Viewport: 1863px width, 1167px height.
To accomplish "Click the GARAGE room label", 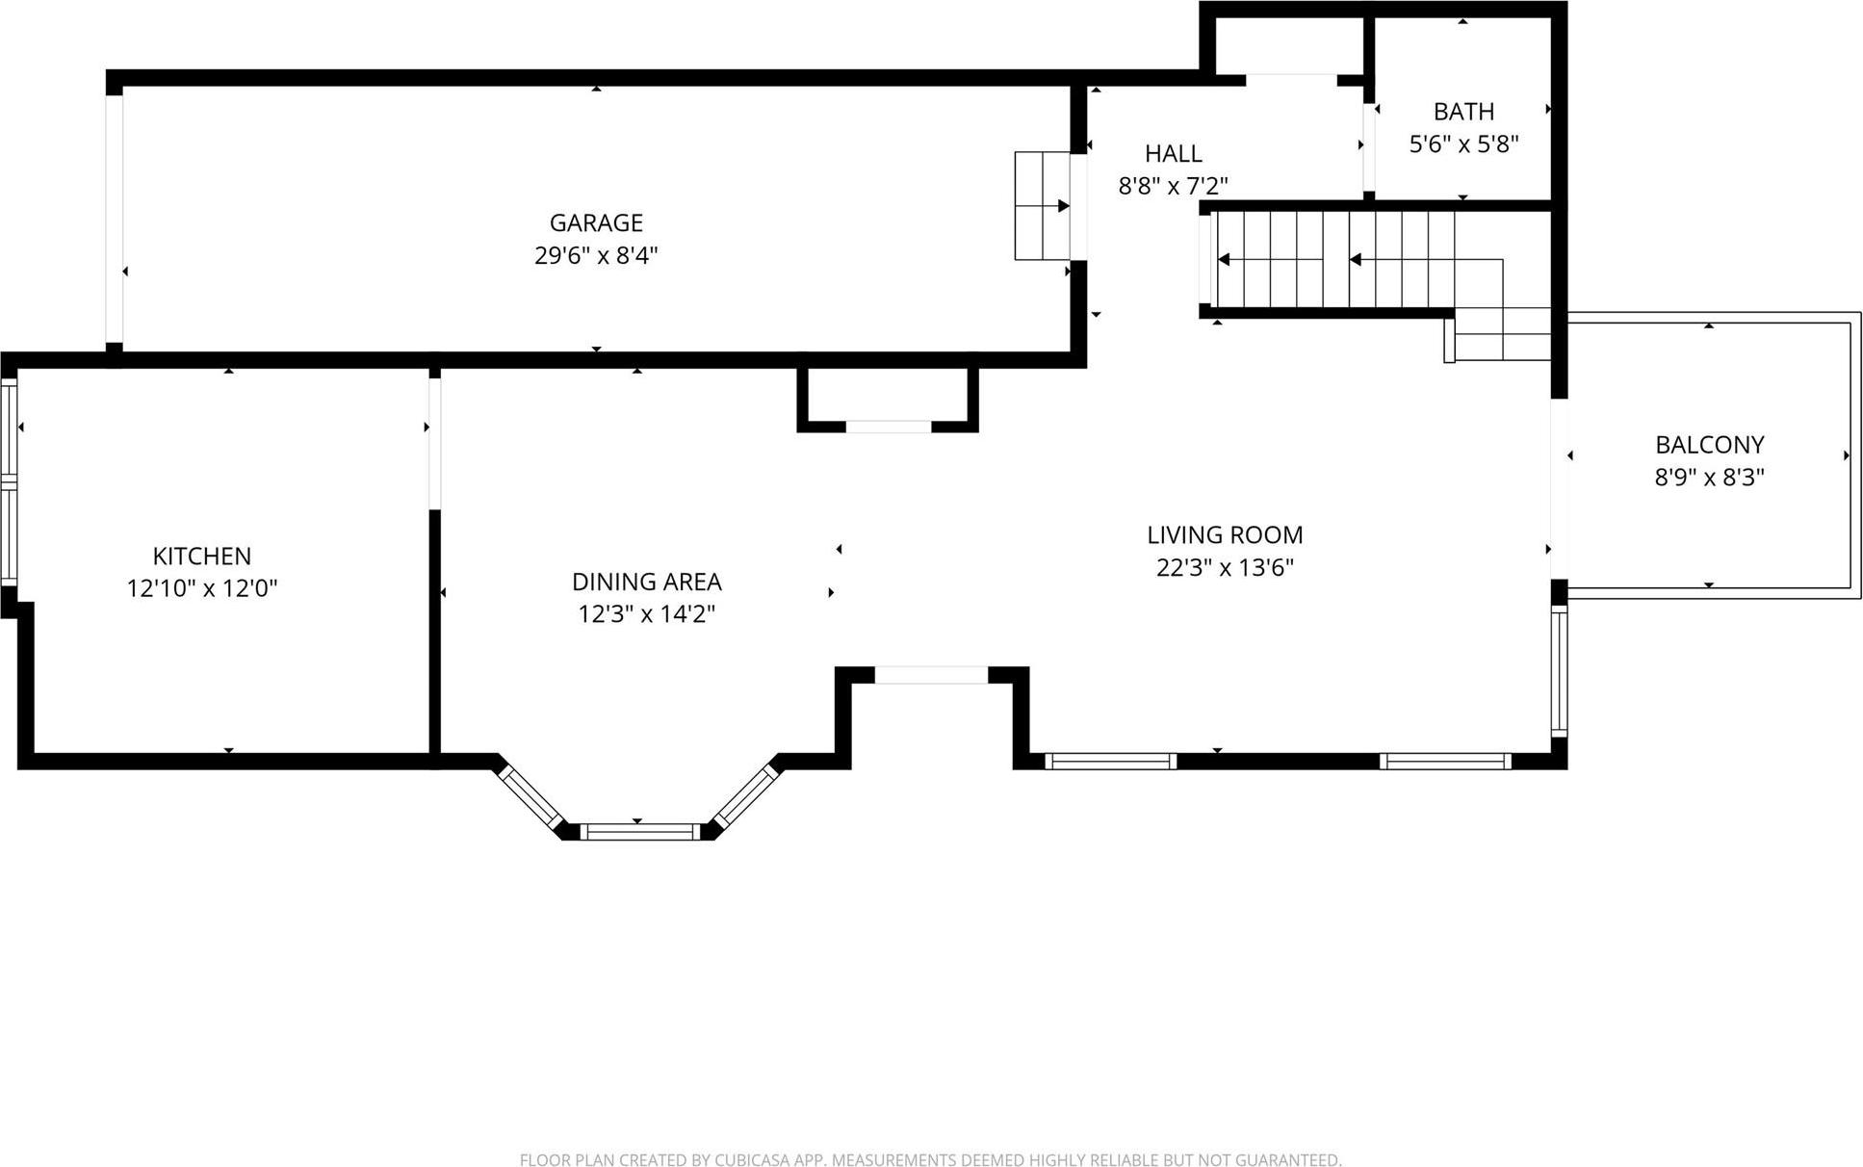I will pyautogui.click(x=596, y=222).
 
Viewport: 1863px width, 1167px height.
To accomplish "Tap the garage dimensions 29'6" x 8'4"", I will pyautogui.click(x=596, y=255).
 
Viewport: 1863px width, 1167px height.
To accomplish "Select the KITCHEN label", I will pyautogui.click(x=202, y=556).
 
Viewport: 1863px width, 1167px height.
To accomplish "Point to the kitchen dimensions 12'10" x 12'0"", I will pyautogui.click(x=202, y=588).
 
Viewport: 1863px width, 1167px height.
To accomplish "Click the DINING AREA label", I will pyautogui.click(x=647, y=582).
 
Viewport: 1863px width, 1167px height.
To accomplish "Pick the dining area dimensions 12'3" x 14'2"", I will pyautogui.click(x=647, y=614).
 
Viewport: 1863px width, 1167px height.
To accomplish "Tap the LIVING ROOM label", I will pyautogui.click(x=1225, y=534).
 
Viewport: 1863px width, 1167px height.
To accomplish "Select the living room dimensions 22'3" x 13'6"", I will pyautogui.click(x=1225, y=567).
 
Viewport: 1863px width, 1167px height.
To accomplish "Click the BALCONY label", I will pyautogui.click(x=1709, y=445).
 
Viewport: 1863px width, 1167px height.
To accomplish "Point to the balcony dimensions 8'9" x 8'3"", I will pyautogui.click(x=1709, y=477).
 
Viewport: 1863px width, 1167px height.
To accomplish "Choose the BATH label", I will pyautogui.click(x=1463, y=112).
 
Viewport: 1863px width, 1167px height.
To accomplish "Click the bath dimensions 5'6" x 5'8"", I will pyautogui.click(x=1463, y=144).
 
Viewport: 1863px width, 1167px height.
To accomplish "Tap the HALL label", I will pyautogui.click(x=1173, y=153).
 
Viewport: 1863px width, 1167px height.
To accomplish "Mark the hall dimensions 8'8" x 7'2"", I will pyautogui.click(x=1173, y=186).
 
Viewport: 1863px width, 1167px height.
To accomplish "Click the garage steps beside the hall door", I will pyautogui.click(x=1043, y=205).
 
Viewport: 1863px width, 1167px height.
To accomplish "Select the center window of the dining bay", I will pyautogui.click(x=640, y=831).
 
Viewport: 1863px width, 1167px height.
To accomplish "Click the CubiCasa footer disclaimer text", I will pyautogui.click(x=930, y=1160).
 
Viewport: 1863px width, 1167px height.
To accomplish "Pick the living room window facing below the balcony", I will pyautogui.click(x=1559, y=670).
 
